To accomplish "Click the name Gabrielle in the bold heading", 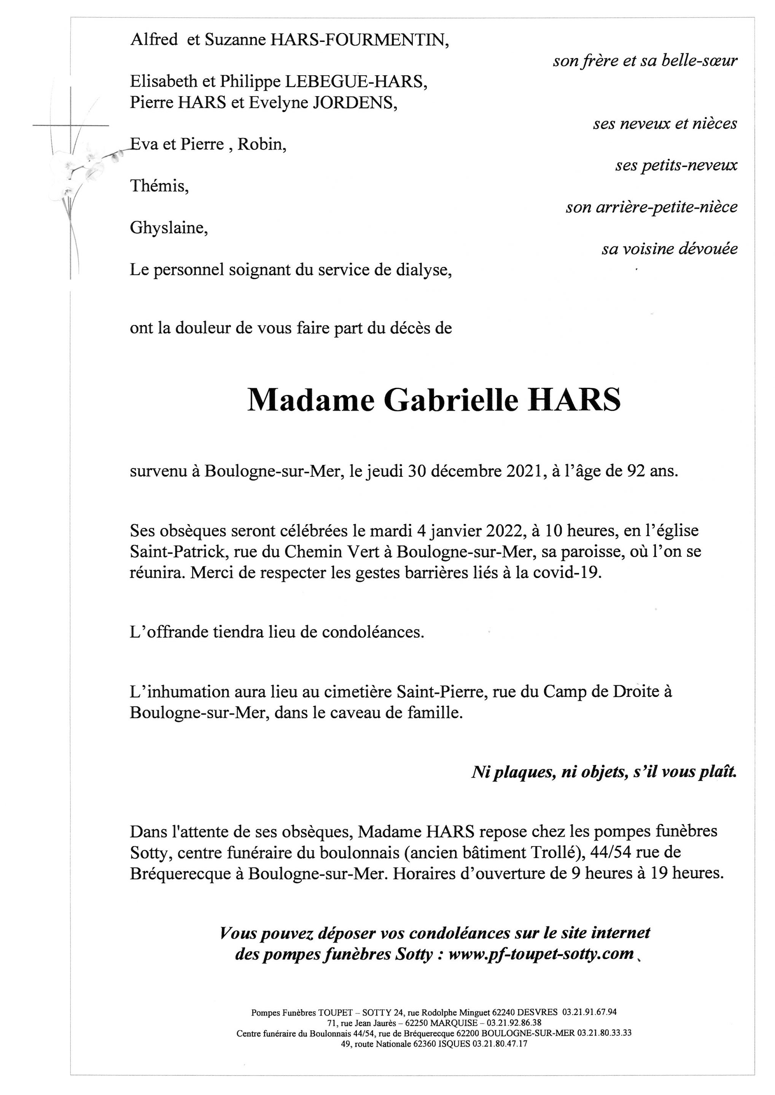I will coord(450,401).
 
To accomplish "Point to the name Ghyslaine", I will coord(169,228).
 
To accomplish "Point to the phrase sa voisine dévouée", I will coord(669,249).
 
